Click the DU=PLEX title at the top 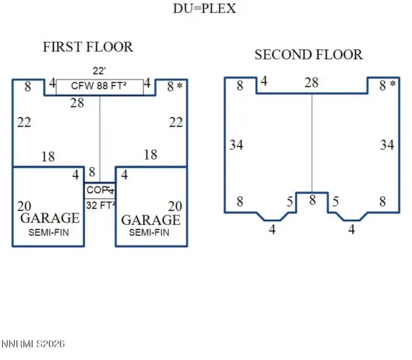click(204, 8)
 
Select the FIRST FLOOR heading click(88, 47)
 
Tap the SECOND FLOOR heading click(309, 55)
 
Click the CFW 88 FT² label click(99, 86)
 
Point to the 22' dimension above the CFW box click(100, 71)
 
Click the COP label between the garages click(98, 190)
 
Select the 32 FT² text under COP click(101, 205)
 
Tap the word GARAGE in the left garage click(50, 218)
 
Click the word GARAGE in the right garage click(151, 220)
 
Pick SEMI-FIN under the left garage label click(49, 233)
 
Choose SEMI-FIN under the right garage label click(149, 233)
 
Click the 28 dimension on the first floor click(77, 103)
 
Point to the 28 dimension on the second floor click(311, 82)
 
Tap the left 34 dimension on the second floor click(237, 145)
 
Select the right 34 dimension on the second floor click(387, 145)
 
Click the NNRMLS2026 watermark click(33, 344)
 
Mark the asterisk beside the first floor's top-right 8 click(180, 85)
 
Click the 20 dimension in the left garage click(24, 206)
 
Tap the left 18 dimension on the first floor click(48, 157)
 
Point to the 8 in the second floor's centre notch click(312, 201)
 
